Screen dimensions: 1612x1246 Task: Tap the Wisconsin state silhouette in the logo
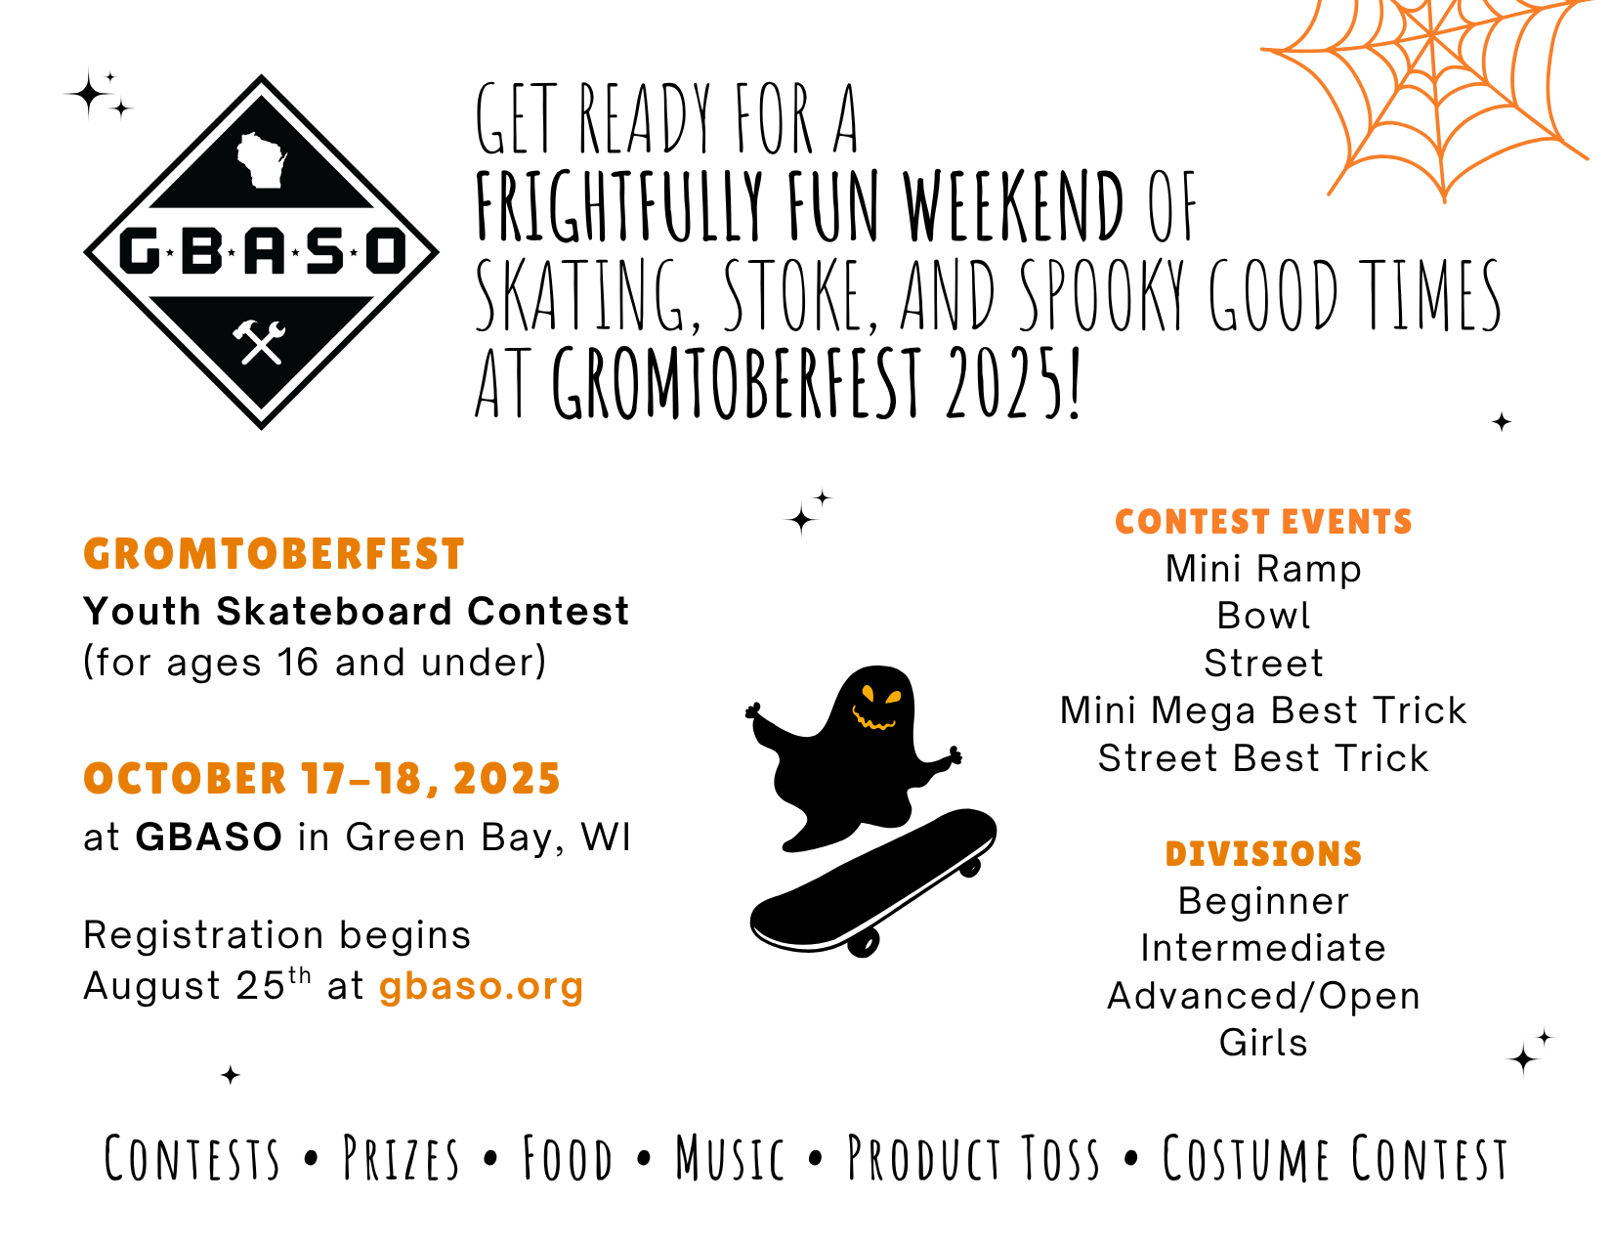tap(261, 160)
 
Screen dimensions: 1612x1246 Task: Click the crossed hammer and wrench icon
tap(259, 342)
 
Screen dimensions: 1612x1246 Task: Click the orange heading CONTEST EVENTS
tap(1263, 522)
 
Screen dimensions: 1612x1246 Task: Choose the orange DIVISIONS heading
tap(1263, 853)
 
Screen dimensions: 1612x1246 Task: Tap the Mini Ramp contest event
tap(1263, 570)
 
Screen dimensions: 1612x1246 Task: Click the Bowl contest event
tap(1263, 616)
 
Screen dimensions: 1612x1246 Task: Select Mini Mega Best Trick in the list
tap(1263, 710)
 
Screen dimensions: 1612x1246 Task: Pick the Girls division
tap(1263, 1043)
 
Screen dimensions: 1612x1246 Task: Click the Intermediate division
tap(1263, 948)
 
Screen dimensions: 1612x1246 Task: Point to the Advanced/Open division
tap(1263, 996)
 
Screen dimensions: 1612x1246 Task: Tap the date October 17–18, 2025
tap(322, 779)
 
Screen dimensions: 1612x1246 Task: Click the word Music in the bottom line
tap(730, 1158)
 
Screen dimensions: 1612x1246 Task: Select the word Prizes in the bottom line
tap(402, 1158)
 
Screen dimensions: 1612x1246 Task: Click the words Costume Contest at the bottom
tap(1336, 1158)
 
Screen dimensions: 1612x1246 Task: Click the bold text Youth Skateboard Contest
tap(356, 612)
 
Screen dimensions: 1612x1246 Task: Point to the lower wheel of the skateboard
tap(864, 942)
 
